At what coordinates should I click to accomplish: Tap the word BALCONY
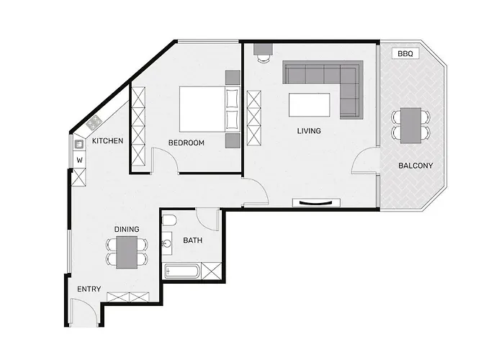tap(415, 166)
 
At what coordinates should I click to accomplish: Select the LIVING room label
tap(309, 131)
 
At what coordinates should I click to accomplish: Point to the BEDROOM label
tap(186, 143)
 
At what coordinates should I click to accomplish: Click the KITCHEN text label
tap(107, 140)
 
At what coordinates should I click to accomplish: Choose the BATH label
tap(192, 240)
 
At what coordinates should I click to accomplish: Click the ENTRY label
tap(89, 289)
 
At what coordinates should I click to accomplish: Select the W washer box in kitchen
tap(79, 160)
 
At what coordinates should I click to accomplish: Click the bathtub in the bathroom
tap(182, 272)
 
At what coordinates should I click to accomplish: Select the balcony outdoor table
tap(411, 124)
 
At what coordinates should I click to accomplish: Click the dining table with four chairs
tap(127, 251)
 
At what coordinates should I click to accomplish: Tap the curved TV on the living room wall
tap(317, 202)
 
